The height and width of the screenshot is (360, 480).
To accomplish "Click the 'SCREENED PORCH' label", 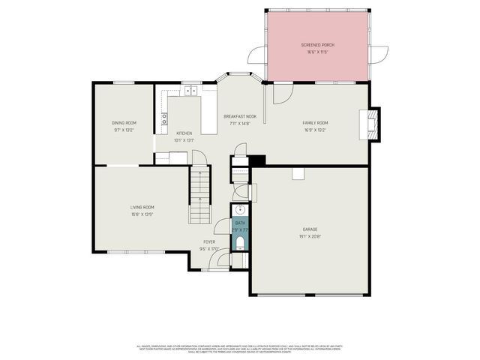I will coord(317,45).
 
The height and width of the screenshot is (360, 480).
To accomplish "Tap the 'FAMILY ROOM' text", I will coord(315,123).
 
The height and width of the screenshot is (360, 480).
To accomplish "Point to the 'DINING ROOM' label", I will coord(124,122).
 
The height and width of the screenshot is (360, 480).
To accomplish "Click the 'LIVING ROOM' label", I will coord(142,207).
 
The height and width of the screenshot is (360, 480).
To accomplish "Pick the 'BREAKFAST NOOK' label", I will coord(240,116).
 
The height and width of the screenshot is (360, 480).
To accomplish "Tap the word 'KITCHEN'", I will coord(184,133).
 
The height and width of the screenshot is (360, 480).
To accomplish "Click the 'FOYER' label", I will coord(209,241).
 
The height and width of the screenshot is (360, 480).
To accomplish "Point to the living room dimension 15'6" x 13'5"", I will coord(142,214).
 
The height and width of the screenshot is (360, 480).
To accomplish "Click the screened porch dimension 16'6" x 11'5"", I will coord(317,52).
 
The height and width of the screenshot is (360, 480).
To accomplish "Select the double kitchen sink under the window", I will coord(190,91).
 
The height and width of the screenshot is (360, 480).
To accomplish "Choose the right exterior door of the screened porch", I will coord(379,55).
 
